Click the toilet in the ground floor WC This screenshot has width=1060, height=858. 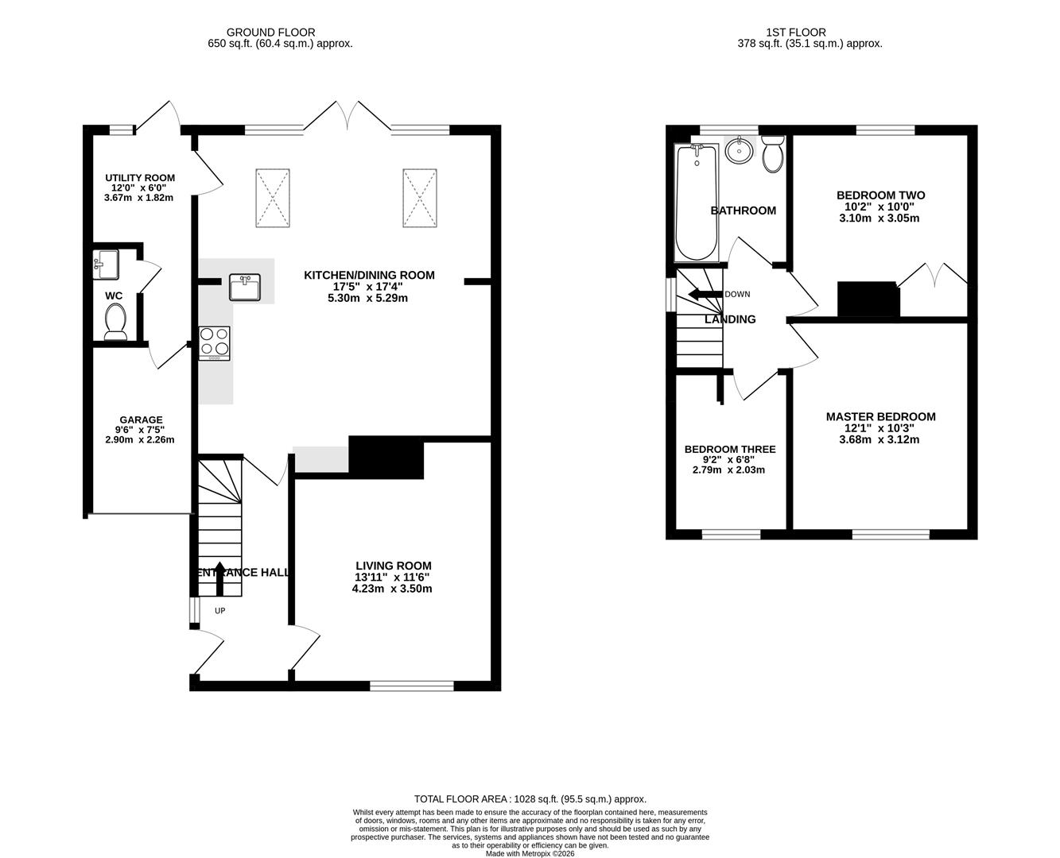click(115, 323)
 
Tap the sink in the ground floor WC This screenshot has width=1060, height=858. click(105, 264)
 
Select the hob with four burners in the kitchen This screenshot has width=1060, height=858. click(215, 343)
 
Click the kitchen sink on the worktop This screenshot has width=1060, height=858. click(245, 287)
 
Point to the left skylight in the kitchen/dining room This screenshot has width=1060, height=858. click(273, 198)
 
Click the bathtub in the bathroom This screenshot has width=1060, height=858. click(697, 203)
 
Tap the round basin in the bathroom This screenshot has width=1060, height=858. click(740, 150)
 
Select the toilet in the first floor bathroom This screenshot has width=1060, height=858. click(772, 155)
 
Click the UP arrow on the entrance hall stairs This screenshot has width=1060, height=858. click(219, 578)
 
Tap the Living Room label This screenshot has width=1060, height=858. click(393, 566)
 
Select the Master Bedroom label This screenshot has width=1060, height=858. click(880, 416)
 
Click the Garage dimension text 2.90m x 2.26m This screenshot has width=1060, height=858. click(141, 439)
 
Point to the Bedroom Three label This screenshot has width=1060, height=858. click(729, 449)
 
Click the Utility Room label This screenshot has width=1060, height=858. click(140, 178)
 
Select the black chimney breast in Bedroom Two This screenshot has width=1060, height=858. click(868, 299)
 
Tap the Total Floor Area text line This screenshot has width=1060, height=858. click(530, 799)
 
